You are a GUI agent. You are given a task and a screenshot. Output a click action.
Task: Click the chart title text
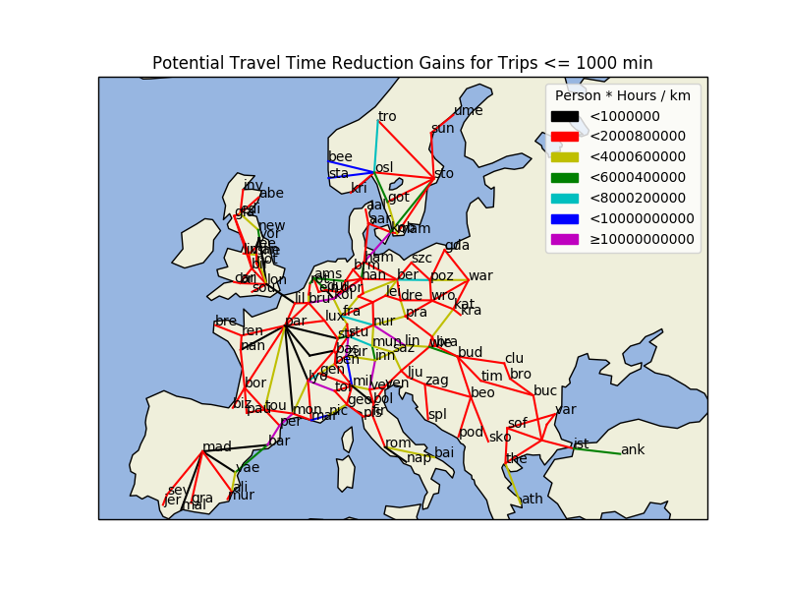pos(402,64)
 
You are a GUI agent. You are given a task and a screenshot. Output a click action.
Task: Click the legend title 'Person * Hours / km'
pos(623,96)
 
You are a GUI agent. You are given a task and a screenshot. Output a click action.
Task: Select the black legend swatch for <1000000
pos(564,116)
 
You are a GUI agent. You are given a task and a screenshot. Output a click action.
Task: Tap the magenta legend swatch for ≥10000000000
pos(564,239)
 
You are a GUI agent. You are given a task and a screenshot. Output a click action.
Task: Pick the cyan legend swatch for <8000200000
pos(564,198)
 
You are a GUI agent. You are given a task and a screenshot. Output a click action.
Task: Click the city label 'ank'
pos(633,450)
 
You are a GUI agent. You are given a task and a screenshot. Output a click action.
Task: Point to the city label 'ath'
pos(532,499)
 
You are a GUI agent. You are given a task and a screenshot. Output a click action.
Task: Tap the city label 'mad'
pos(217,447)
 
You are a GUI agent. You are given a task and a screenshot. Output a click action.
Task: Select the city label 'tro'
pos(387,117)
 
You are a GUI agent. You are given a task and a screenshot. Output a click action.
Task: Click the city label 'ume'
pos(468,110)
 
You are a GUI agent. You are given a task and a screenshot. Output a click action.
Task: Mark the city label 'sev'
pos(177,490)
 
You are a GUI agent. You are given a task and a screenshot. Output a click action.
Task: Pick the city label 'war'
pos(480,275)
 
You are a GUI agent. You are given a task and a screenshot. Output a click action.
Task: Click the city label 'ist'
pos(581,443)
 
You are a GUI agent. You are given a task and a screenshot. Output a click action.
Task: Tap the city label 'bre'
pos(226,322)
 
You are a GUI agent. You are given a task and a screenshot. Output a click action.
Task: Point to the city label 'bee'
pos(340,156)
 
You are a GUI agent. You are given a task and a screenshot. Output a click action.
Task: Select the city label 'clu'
pos(514,359)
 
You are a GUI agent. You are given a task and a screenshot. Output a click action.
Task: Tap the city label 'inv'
pos(253,185)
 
